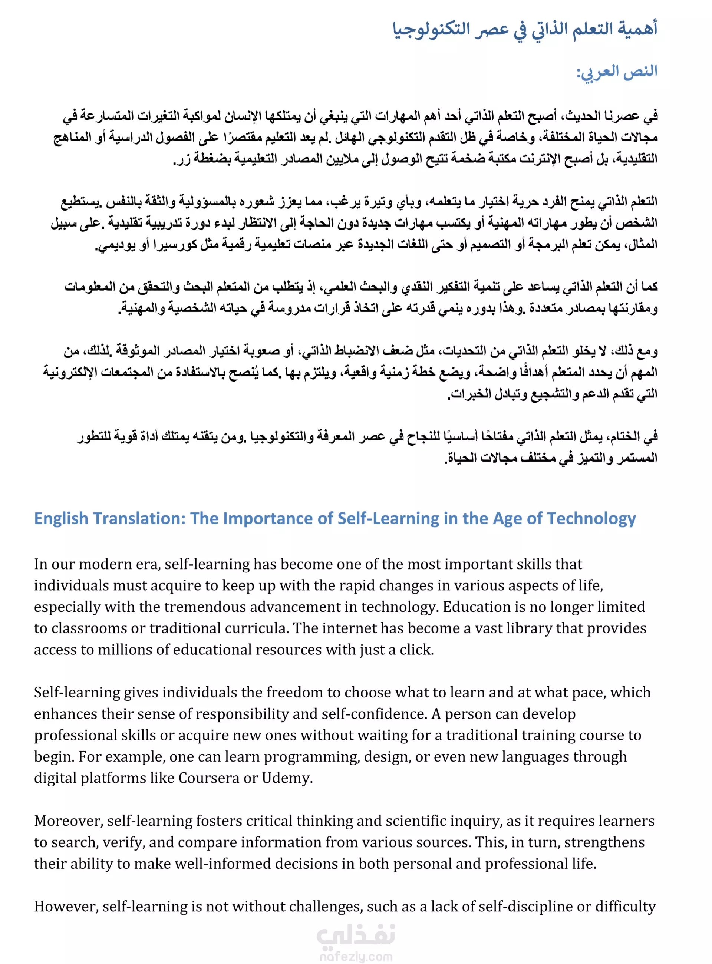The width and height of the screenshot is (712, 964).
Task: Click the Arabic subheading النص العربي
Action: [x=617, y=71]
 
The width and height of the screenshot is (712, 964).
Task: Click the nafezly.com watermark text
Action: [x=356, y=957]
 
